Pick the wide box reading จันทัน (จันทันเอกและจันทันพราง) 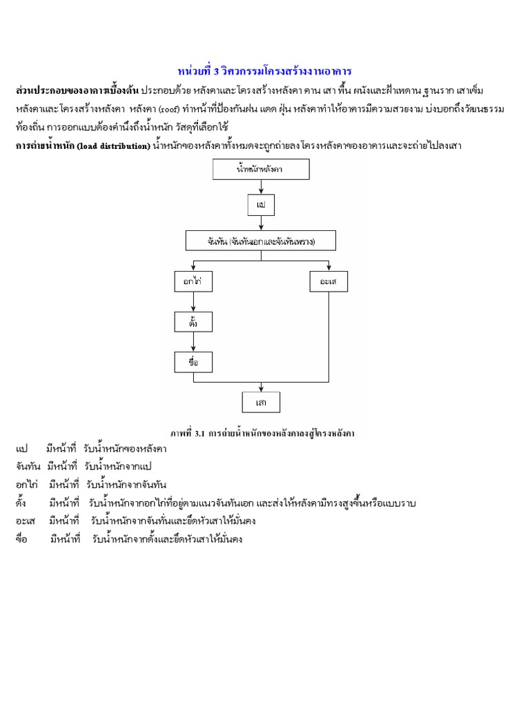click(261, 241)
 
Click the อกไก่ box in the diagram click(193, 281)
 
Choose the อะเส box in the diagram click(328, 281)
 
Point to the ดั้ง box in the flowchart click(193, 321)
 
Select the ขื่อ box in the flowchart click(193, 362)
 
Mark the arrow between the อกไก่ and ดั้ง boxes click(193, 301)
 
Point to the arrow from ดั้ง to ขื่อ click(193, 342)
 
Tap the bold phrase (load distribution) click(112, 146)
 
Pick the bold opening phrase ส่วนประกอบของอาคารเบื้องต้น click(77, 91)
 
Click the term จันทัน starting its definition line click(29, 467)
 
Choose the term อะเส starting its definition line click(26, 521)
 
